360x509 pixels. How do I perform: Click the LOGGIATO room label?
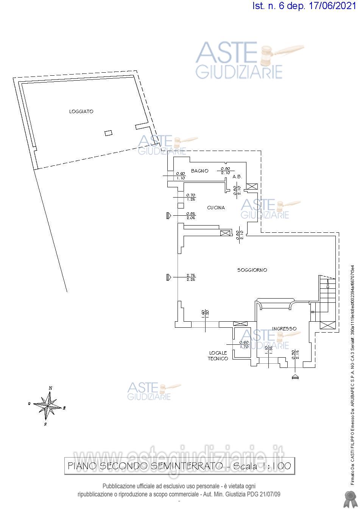pos(81,112)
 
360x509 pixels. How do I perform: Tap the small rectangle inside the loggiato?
pos(109,132)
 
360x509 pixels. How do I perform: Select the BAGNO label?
pos(199,171)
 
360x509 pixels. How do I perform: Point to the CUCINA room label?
pos(216,208)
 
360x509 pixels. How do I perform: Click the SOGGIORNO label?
pos(252,270)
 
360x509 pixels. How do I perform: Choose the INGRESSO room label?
pos(284,328)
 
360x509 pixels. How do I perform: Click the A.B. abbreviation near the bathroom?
pos(237,177)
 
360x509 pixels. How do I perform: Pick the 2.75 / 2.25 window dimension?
pos(191,277)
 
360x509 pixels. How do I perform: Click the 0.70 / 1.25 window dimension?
pos(191,197)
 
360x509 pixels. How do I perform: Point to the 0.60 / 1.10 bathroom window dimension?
pos(180,176)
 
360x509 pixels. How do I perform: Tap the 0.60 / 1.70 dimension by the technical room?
pos(244,344)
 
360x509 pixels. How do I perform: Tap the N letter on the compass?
pos(50,388)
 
